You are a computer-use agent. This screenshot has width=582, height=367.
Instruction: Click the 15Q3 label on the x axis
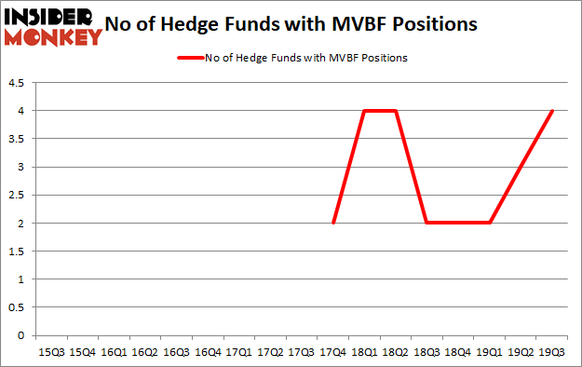[51, 352]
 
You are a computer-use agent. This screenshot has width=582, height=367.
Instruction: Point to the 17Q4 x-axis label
[333, 352]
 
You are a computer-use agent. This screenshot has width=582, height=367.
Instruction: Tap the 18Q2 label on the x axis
[396, 352]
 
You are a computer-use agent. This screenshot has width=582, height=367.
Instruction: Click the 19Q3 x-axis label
[553, 352]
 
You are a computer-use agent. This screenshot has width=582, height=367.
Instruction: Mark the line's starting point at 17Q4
[333, 223]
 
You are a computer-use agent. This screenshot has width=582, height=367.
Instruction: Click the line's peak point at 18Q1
[365, 111]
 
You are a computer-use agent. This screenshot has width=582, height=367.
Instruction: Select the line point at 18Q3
[427, 223]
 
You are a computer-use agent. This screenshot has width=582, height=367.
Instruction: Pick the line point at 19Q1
[491, 223]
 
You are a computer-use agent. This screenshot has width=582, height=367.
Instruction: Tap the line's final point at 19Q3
[553, 111]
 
